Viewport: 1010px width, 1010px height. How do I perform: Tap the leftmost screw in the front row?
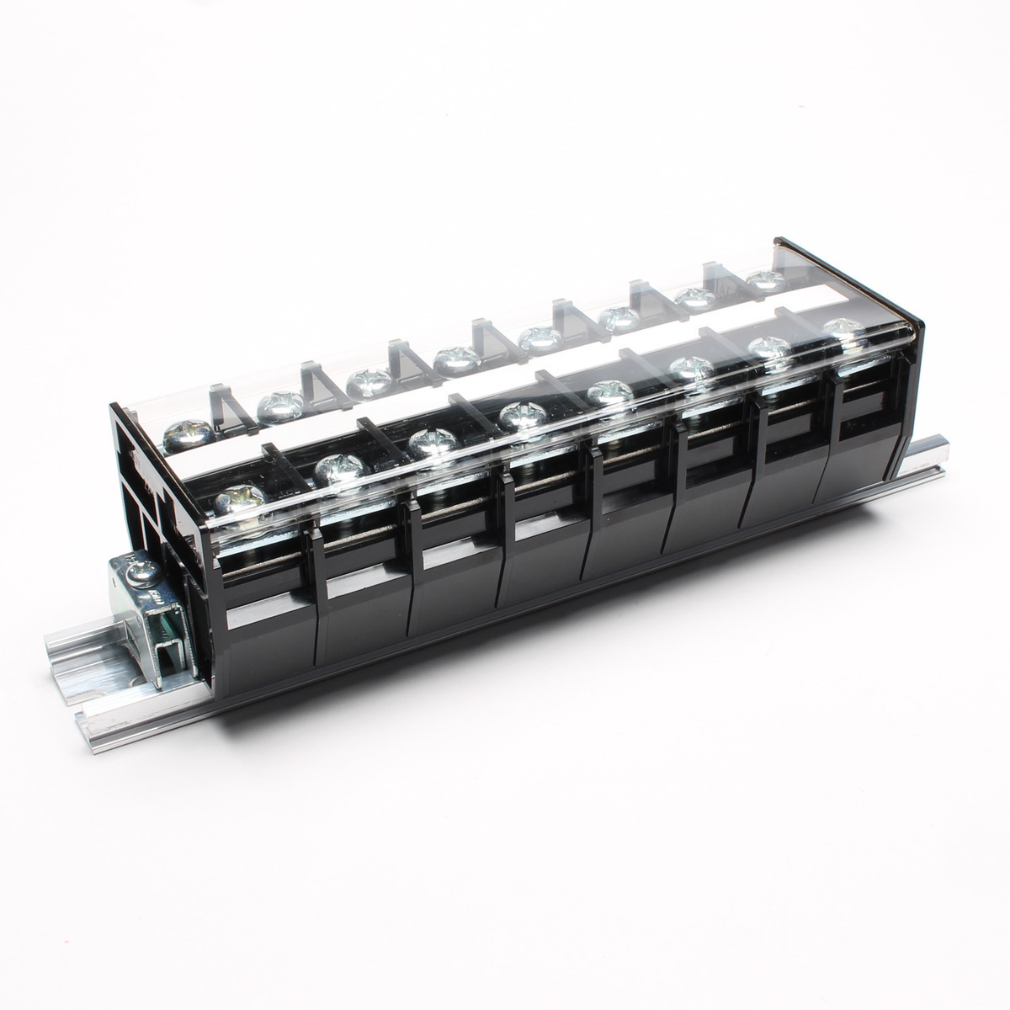pyautogui.click(x=237, y=502)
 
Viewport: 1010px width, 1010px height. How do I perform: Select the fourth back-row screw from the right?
pyautogui.click(x=539, y=338)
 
